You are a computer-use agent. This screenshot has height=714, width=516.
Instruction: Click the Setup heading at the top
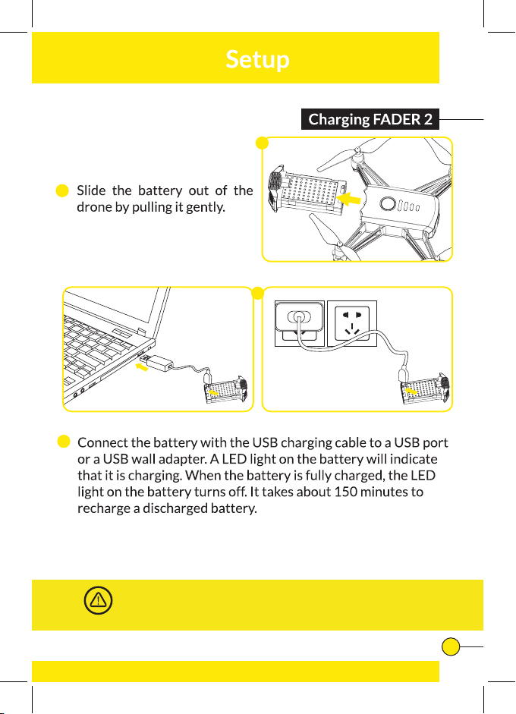tap(257, 59)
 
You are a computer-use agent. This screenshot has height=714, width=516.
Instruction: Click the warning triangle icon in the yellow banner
tap(97, 600)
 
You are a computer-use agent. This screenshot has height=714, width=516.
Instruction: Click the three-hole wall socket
tap(351, 323)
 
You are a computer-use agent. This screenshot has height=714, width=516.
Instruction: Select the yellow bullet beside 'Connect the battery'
tap(64, 442)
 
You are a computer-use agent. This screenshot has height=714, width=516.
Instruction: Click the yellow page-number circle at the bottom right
tap(451, 646)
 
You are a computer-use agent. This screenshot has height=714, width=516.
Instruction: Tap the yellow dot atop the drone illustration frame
tap(263, 143)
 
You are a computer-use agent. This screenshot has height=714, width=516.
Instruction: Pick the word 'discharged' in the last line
tap(174, 508)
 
